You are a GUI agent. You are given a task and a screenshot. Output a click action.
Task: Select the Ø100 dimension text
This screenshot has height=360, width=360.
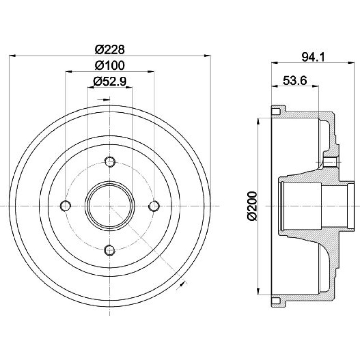110,65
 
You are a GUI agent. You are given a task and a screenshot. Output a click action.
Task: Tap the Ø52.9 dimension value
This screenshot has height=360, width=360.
110,81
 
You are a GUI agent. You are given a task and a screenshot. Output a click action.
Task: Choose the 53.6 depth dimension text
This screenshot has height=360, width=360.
295,81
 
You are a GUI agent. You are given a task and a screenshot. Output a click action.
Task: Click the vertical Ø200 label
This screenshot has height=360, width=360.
252,206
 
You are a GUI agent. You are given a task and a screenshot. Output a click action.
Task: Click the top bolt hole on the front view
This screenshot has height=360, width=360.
110,162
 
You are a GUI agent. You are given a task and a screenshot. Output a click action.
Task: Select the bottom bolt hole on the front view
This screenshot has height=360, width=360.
110,250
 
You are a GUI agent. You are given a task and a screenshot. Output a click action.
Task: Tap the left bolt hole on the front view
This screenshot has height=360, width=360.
66,206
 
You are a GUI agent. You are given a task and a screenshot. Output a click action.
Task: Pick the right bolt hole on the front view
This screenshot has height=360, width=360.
154,206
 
